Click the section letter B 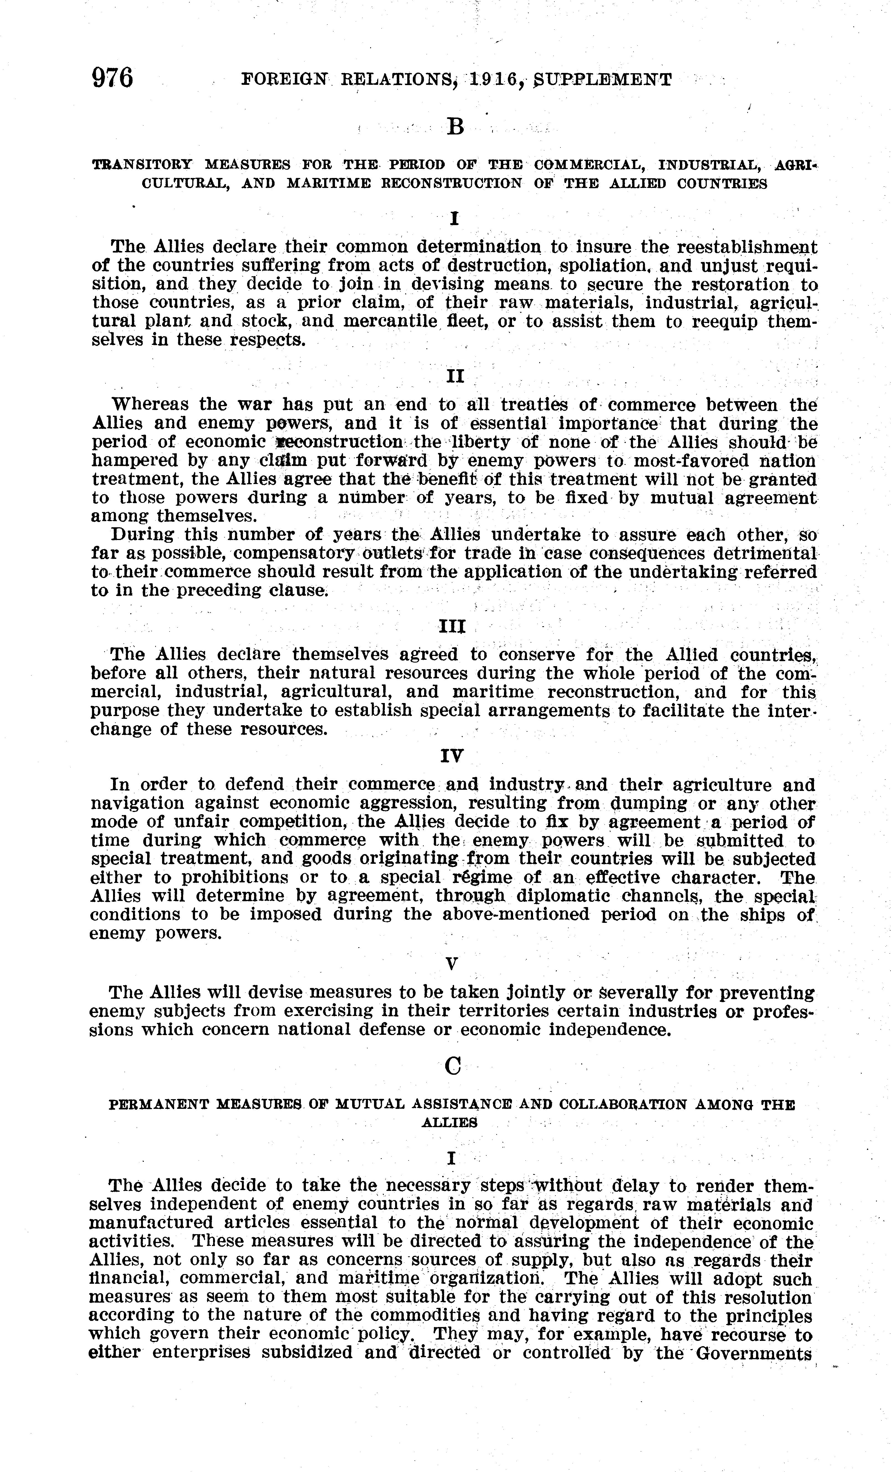455,127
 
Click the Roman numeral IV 452,756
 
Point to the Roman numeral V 452,964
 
